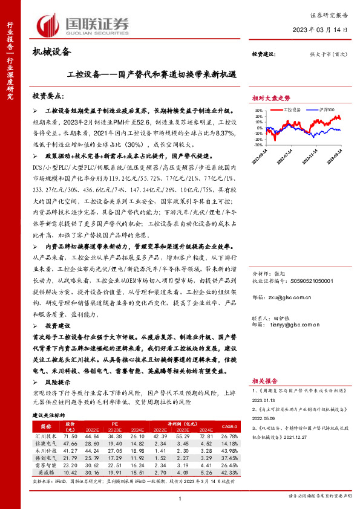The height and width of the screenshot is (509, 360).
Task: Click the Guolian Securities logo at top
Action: pyautogui.click(x=82, y=25)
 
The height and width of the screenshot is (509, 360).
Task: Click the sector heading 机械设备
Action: pyautogui.click(x=51, y=53)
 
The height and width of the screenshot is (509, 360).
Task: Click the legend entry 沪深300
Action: pyautogui.click(x=324, y=110)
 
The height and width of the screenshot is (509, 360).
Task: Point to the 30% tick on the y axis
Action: pyautogui.click(x=259, y=111)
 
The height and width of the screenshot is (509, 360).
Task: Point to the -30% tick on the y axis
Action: pyautogui.click(x=258, y=145)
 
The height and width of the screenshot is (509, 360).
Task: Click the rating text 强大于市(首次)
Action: pyautogui.click(x=329, y=54)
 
